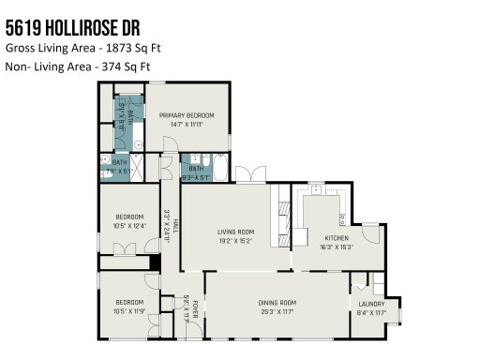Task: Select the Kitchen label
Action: [x=337, y=238]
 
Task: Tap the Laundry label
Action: [x=372, y=304]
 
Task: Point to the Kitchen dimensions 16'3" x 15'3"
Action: [x=337, y=247]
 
